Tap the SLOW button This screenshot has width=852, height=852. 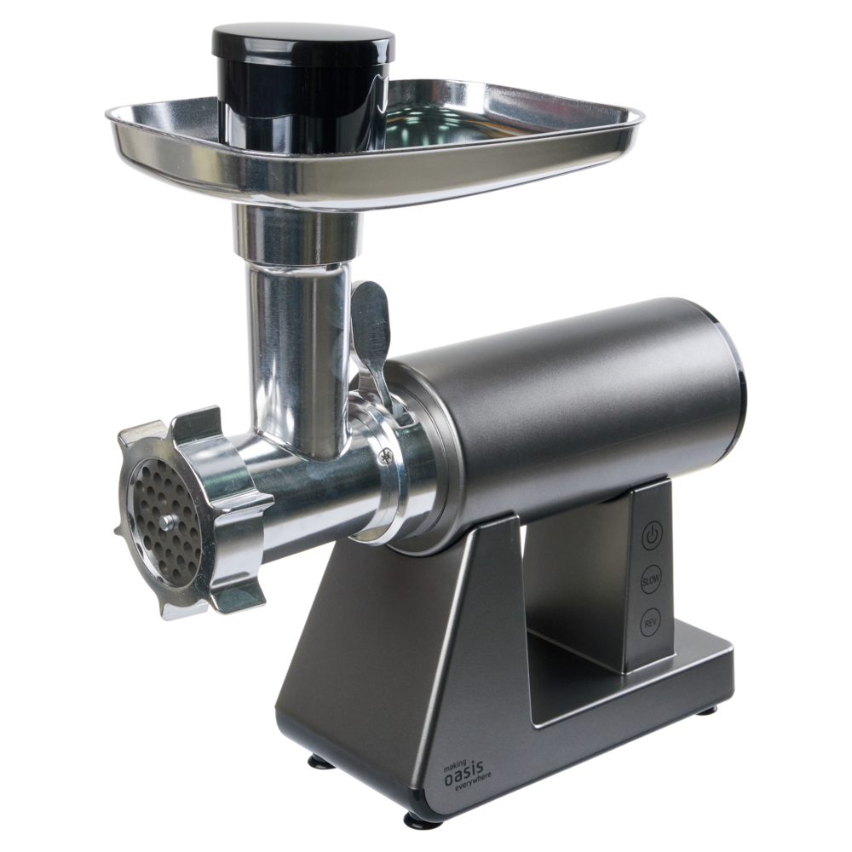[x=650, y=579]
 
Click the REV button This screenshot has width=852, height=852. [x=650, y=624]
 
